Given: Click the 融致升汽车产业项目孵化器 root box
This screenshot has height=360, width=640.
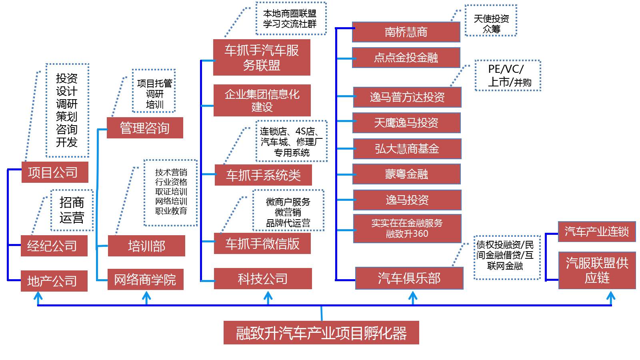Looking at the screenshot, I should pos(321,332).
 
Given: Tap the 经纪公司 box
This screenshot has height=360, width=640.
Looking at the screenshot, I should pos(54,246).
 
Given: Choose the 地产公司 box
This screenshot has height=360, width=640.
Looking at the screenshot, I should pos(54,281).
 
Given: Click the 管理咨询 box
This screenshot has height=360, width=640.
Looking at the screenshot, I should pos(145,128).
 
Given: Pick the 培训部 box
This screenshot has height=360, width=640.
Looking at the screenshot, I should pos(146,246).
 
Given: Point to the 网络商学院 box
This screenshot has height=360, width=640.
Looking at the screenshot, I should pos(146,279).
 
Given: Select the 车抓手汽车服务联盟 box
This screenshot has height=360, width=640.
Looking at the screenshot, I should pos(262,57).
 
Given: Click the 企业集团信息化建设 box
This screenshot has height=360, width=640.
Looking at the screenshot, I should pos(262,100).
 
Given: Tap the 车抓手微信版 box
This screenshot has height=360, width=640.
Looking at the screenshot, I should pos(262,243).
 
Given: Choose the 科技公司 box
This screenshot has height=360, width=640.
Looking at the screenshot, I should pos(263,279).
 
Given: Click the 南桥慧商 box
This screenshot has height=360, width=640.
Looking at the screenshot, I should pos(406,32).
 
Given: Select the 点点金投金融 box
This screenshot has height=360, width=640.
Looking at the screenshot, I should pos(406,58).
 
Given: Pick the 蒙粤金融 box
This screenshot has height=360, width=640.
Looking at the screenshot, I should pos(406,174).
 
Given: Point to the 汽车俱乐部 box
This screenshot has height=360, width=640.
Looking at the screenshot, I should pos(409,278).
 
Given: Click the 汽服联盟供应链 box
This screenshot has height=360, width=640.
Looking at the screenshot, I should pos(597,270).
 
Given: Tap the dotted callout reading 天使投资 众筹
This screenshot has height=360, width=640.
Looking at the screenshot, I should pos(491,21).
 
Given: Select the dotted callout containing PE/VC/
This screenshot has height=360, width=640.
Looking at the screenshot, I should pos(508,76).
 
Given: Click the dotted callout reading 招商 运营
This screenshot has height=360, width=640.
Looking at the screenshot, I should pos(72,210).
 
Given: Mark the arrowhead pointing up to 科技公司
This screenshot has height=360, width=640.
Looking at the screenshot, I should pos(268,297).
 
